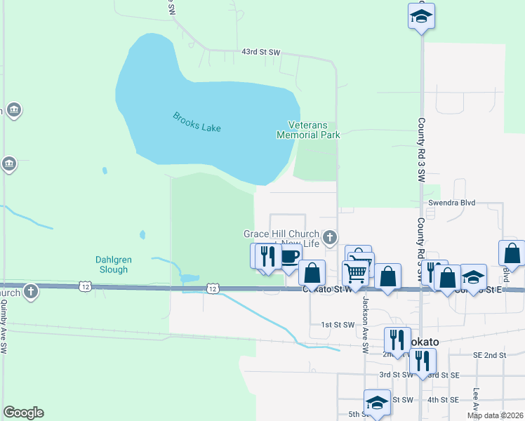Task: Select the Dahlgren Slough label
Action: click(113, 265)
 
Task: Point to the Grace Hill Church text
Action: click(281, 234)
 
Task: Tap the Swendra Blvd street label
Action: click(452, 203)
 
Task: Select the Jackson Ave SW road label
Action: click(365, 324)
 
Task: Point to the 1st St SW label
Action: click(335, 325)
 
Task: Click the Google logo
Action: click(23, 413)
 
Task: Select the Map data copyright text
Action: click(495, 415)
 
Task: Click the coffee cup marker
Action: click(289, 256)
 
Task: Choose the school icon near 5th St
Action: click(377, 403)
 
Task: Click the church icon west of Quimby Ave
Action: click(29, 290)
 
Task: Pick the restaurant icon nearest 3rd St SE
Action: click(422, 361)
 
